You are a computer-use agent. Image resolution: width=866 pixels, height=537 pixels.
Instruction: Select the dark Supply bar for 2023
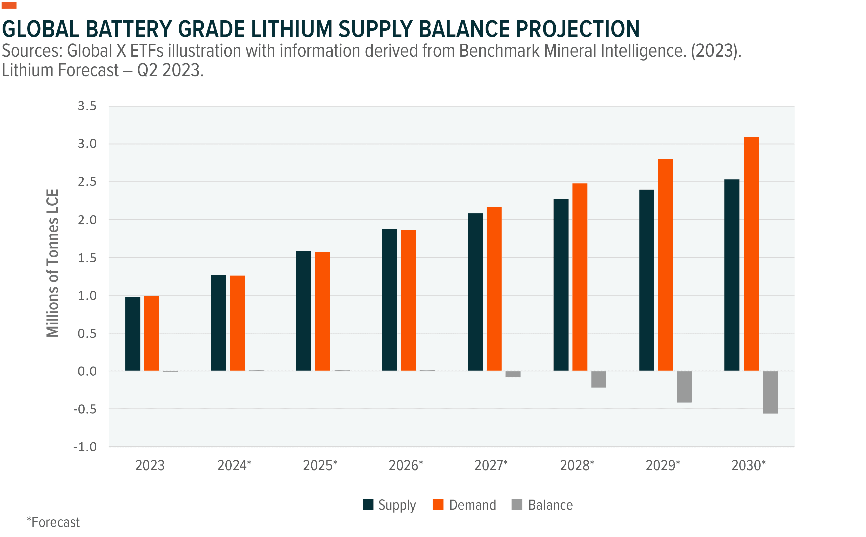click(x=133, y=333)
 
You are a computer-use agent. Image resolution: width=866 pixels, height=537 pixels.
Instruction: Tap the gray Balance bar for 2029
click(x=684, y=387)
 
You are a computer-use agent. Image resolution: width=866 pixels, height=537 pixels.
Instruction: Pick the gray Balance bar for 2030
click(x=770, y=392)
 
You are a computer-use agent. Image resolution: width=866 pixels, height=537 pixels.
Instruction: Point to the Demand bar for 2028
click(x=580, y=277)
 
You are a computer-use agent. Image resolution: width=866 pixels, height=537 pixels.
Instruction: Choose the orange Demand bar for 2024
click(x=237, y=323)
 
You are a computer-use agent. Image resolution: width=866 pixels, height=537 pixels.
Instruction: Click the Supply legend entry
click(x=389, y=505)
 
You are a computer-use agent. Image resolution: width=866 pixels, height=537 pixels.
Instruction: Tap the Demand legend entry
click(x=464, y=505)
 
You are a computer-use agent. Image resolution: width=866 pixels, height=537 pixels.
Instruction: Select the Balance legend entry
click(x=542, y=505)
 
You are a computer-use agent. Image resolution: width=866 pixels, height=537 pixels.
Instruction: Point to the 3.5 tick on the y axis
click(x=87, y=106)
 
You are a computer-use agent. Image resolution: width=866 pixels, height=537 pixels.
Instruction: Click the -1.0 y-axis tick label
click(x=85, y=447)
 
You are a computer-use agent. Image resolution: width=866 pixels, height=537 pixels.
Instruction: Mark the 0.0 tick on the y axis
click(x=87, y=371)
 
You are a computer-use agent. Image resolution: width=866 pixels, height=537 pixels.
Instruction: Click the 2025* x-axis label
click(x=320, y=465)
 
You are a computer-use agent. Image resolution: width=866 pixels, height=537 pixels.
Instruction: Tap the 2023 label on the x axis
click(x=150, y=465)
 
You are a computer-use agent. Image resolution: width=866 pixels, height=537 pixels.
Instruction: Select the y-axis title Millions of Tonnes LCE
click(x=52, y=263)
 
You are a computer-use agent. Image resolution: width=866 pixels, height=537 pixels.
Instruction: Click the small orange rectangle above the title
click(x=9, y=5)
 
